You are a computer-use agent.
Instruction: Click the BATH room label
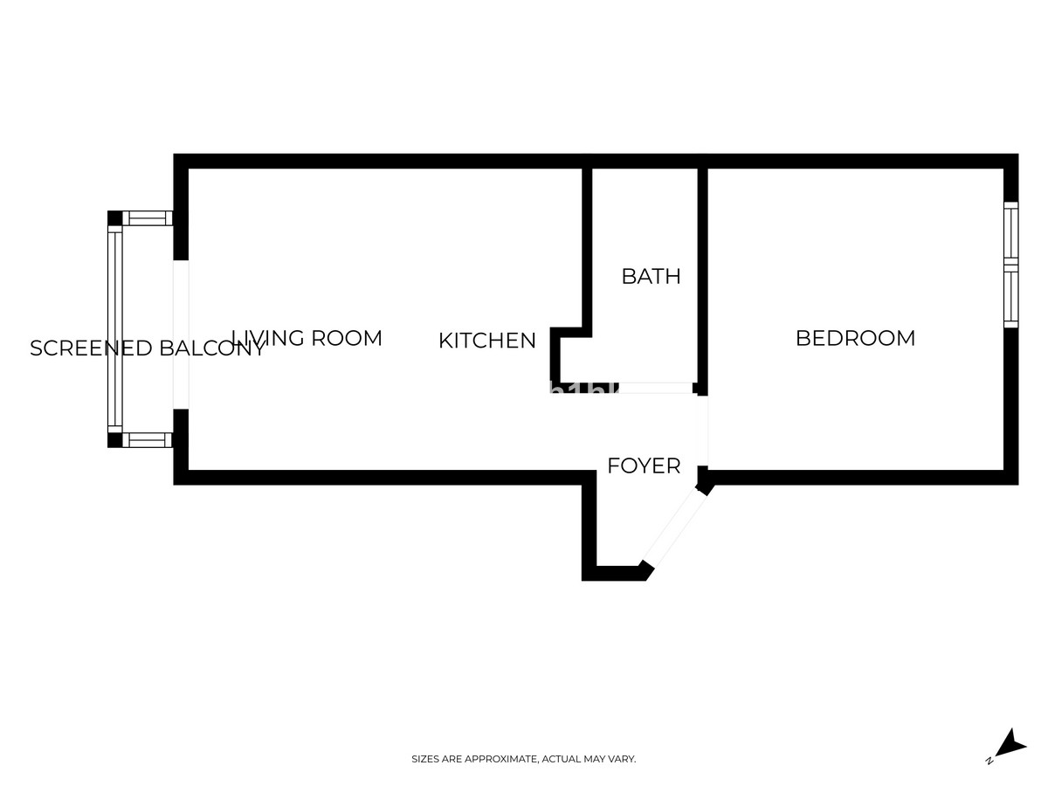coord(651,276)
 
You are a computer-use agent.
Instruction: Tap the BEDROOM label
coord(855,338)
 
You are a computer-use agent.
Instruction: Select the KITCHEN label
coord(486,341)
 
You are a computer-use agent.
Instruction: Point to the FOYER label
coord(644,466)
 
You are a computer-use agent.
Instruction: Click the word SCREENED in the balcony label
coord(92,348)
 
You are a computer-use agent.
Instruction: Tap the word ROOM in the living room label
coord(347,338)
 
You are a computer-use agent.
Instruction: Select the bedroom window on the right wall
coord(1010,265)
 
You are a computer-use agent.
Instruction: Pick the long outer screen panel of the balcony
coord(114,330)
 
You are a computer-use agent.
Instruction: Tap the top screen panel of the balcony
coord(148,218)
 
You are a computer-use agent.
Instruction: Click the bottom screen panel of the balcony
coord(148,440)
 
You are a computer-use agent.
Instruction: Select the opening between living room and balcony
coord(181,334)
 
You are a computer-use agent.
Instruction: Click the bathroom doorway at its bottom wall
coord(655,388)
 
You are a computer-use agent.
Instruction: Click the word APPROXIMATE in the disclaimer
coord(501,760)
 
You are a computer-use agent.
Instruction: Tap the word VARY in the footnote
coord(624,760)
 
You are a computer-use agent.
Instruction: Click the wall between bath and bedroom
coord(702,279)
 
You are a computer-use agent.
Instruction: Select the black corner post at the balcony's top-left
coord(114,218)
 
